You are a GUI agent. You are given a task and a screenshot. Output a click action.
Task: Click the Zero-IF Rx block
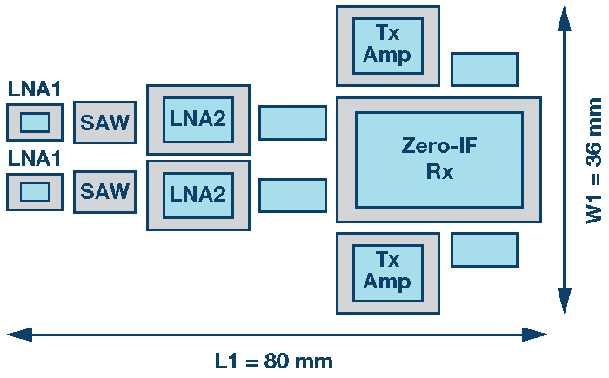[438, 159]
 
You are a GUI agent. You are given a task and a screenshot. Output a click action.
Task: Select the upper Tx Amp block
[387, 44]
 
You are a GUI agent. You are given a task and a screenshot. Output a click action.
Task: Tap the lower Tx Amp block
[387, 272]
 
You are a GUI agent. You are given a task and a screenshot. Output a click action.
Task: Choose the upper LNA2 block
[197, 120]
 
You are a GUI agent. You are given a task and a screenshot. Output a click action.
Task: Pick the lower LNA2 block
[197, 195]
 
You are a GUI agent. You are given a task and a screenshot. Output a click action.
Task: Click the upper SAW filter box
[104, 123]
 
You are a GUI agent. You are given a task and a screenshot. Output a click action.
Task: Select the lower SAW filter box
[104, 190]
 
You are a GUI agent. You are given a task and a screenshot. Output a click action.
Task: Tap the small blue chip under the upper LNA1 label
[35, 123]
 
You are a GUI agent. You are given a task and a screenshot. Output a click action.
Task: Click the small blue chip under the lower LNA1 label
[35, 192]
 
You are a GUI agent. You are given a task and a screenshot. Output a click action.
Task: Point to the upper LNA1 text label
[34, 90]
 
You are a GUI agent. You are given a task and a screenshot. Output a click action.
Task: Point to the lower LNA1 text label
[34, 159]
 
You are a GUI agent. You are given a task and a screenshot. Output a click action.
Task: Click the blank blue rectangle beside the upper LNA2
[292, 123]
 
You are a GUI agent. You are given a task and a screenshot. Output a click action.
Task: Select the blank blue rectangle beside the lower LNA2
[292, 196]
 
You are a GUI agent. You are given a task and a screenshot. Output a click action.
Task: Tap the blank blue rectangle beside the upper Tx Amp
[484, 70]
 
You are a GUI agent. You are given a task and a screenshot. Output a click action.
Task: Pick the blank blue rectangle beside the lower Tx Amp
[484, 249]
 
